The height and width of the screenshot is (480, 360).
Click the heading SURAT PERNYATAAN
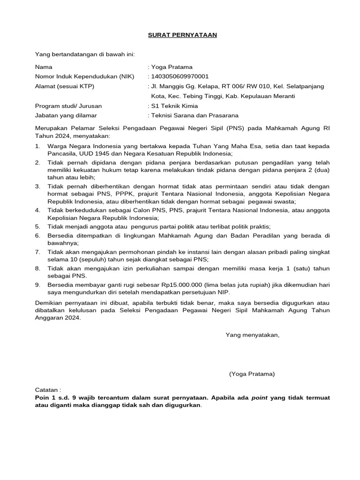click(182, 35)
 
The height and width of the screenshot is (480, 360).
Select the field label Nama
click(44, 67)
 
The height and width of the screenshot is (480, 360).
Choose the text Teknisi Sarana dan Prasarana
click(195, 115)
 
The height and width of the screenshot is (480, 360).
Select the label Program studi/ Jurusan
click(68, 106)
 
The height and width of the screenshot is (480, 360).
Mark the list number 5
click(37, 226)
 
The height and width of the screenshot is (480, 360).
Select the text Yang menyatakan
click(252, 335)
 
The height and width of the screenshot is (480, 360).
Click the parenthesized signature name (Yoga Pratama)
click(252, 374)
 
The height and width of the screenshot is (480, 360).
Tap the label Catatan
click(48, 390)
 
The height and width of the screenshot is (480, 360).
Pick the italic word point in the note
click(259, 397)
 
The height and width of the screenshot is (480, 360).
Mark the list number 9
click(37, 285)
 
